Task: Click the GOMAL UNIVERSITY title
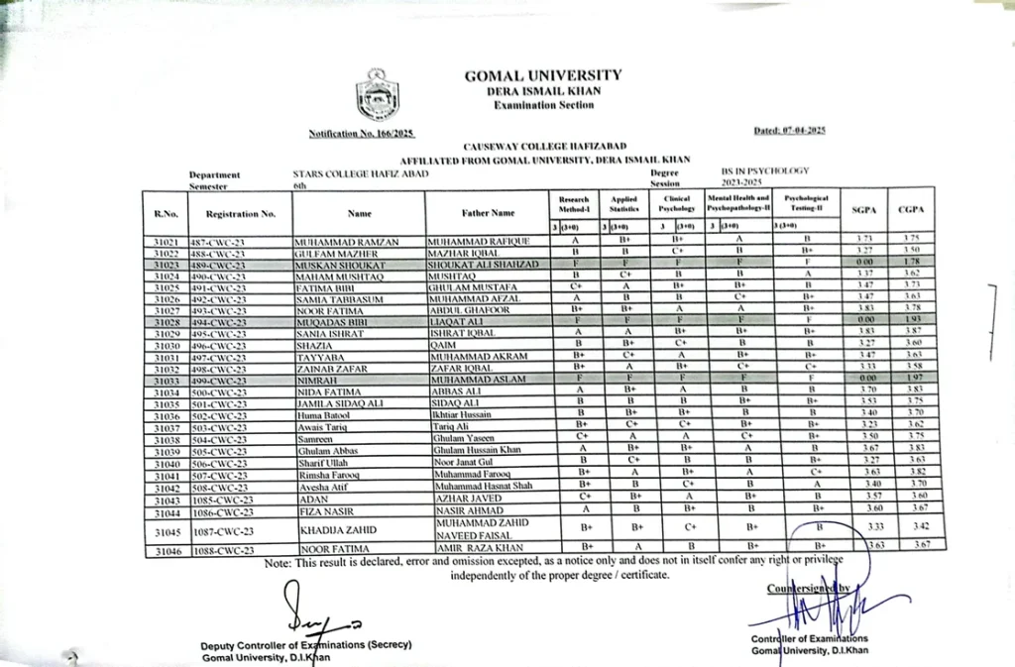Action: click(x=543, y=75)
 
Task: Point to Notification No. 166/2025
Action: click(x=361, y=133)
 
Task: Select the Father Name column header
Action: click(x=488, y=213)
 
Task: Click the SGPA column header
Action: click(x=863, y=210)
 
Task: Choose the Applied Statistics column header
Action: click(x=623, y=206)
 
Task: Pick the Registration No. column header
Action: click(x=241, y=213)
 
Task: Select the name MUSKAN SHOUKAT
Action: click(x=328, y=265)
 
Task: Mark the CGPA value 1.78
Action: click(x=912, y=265)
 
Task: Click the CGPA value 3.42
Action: click(x=912, y=528)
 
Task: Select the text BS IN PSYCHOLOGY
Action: click(x=766, y=171)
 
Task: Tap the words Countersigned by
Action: click(x=807, y=589)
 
